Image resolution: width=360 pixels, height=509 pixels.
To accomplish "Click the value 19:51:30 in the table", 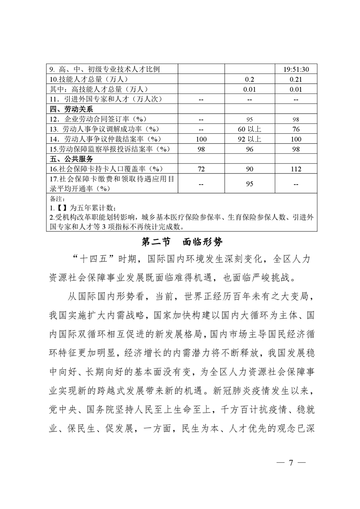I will [x=296, y=69].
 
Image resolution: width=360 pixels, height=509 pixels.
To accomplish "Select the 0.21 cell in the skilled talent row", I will [x=296, y=79].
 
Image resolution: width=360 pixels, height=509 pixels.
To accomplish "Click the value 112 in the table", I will [x=296, y=169].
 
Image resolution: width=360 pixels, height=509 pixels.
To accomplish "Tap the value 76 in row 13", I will [x=296, y=129].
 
